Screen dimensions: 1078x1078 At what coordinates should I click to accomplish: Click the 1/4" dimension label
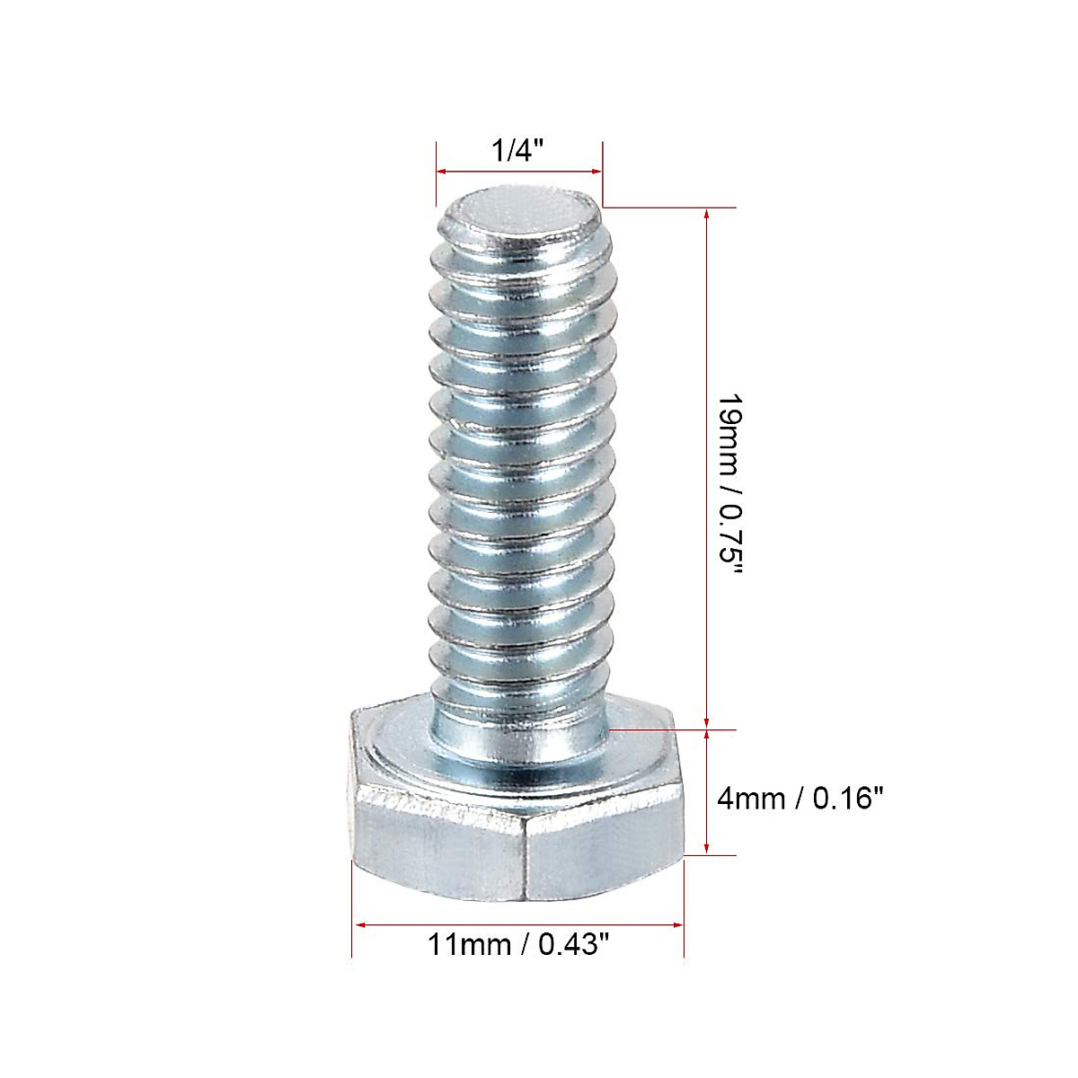[x=519, y=150]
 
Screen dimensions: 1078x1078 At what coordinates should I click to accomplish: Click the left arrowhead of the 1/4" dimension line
[x=441, y=171]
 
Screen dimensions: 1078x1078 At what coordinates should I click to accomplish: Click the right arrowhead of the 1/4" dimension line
[x=596, y=171]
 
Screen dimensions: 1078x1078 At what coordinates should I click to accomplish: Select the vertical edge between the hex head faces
[x=525, y=862]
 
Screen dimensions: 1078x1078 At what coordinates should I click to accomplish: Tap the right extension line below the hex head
[x=685, y=907]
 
